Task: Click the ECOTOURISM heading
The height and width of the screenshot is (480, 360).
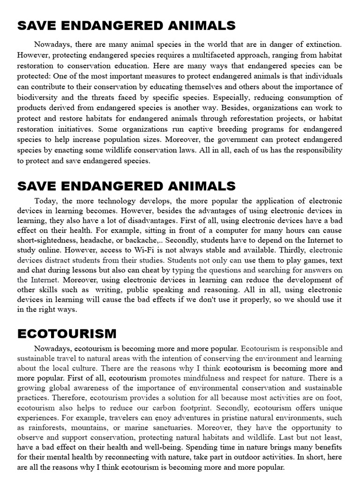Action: coord(67,334)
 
